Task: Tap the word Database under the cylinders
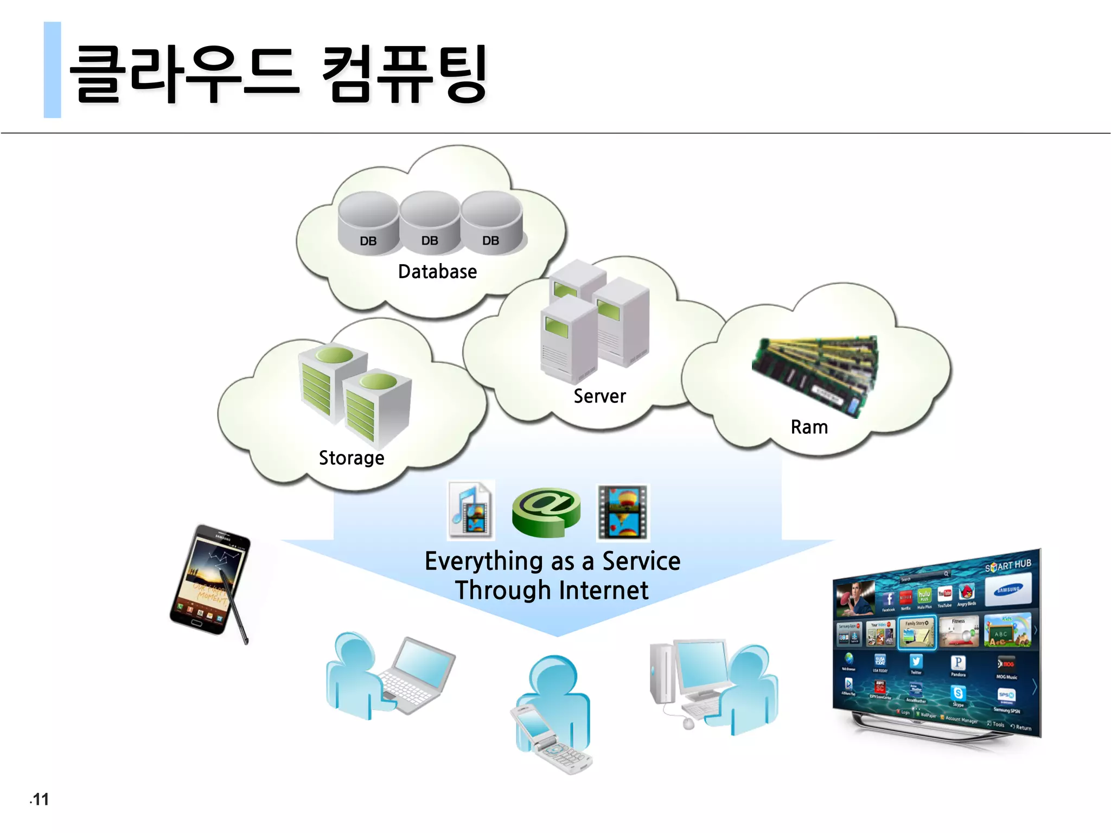(437, 272)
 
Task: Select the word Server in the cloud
(599, 396)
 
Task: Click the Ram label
(809, 427)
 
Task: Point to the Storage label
(352, 458)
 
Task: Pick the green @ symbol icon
(546, 511)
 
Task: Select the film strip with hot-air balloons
(622, 512)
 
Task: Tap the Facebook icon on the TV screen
(888, 600)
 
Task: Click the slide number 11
(40, 799)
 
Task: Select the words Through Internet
(552, 591)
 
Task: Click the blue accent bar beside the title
(52, 70)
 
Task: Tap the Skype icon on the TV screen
(958, 694)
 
